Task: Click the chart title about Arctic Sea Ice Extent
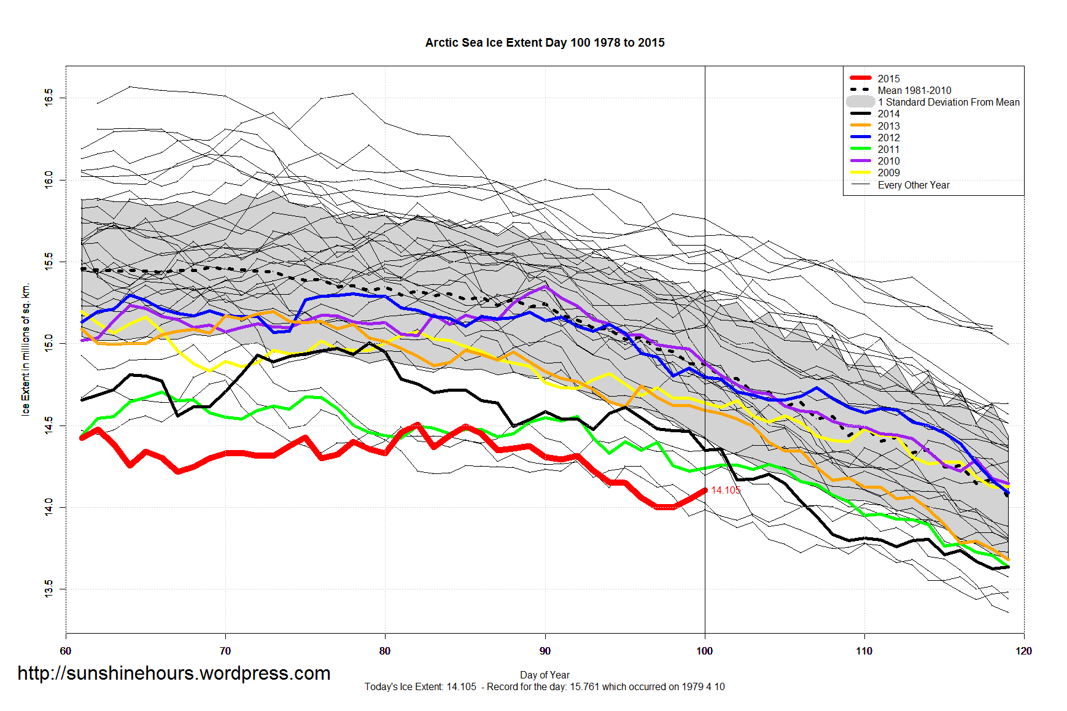[545, 42]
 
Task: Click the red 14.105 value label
[726, 490]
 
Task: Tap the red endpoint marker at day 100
[705, 490]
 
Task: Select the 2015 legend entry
[888, 79]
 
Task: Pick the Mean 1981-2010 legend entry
[914, 90]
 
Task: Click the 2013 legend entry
[888, 126]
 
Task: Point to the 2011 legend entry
[888, 149]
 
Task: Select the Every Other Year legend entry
[914, 185]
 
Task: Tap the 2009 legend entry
[888, 173]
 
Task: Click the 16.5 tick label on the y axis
[49, 98]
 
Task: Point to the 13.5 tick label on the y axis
[49, 589]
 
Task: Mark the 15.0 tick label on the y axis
[49, 343]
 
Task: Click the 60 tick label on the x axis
[66, 651]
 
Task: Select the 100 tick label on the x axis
[705, 651]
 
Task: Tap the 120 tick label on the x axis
[1024, 651]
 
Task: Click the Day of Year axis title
[545, 675]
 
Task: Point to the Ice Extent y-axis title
[26, 349]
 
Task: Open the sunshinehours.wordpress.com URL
[174, 673]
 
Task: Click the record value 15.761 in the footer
[584, 686]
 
